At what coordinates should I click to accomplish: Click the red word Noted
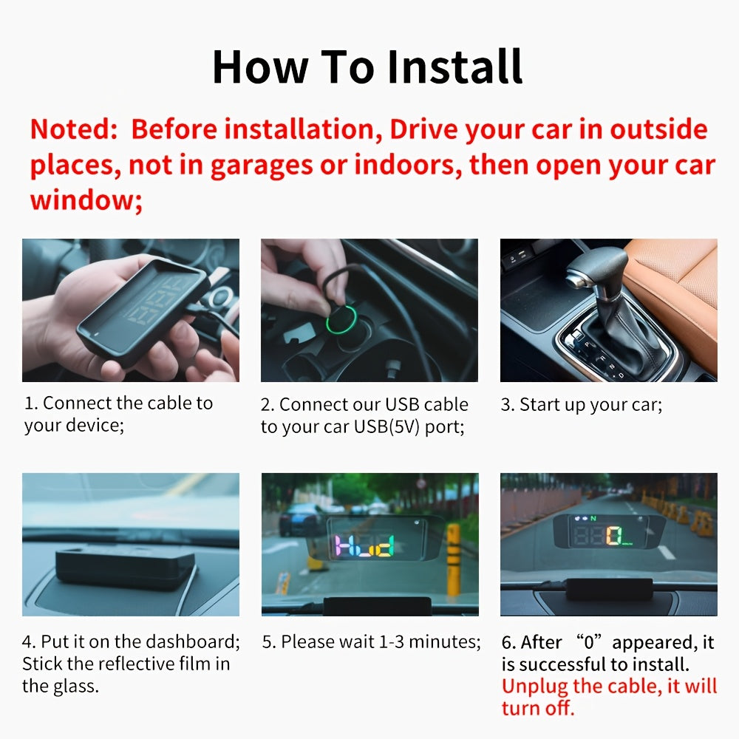coord(73,129)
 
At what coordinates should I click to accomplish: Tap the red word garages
coord(262,166)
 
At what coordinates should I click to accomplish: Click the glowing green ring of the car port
coord(341,319)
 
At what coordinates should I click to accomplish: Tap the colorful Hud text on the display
coord(364,546)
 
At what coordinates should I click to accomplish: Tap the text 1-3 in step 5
coord(392,642)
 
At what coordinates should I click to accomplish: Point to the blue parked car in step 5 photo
coord(301,519)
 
